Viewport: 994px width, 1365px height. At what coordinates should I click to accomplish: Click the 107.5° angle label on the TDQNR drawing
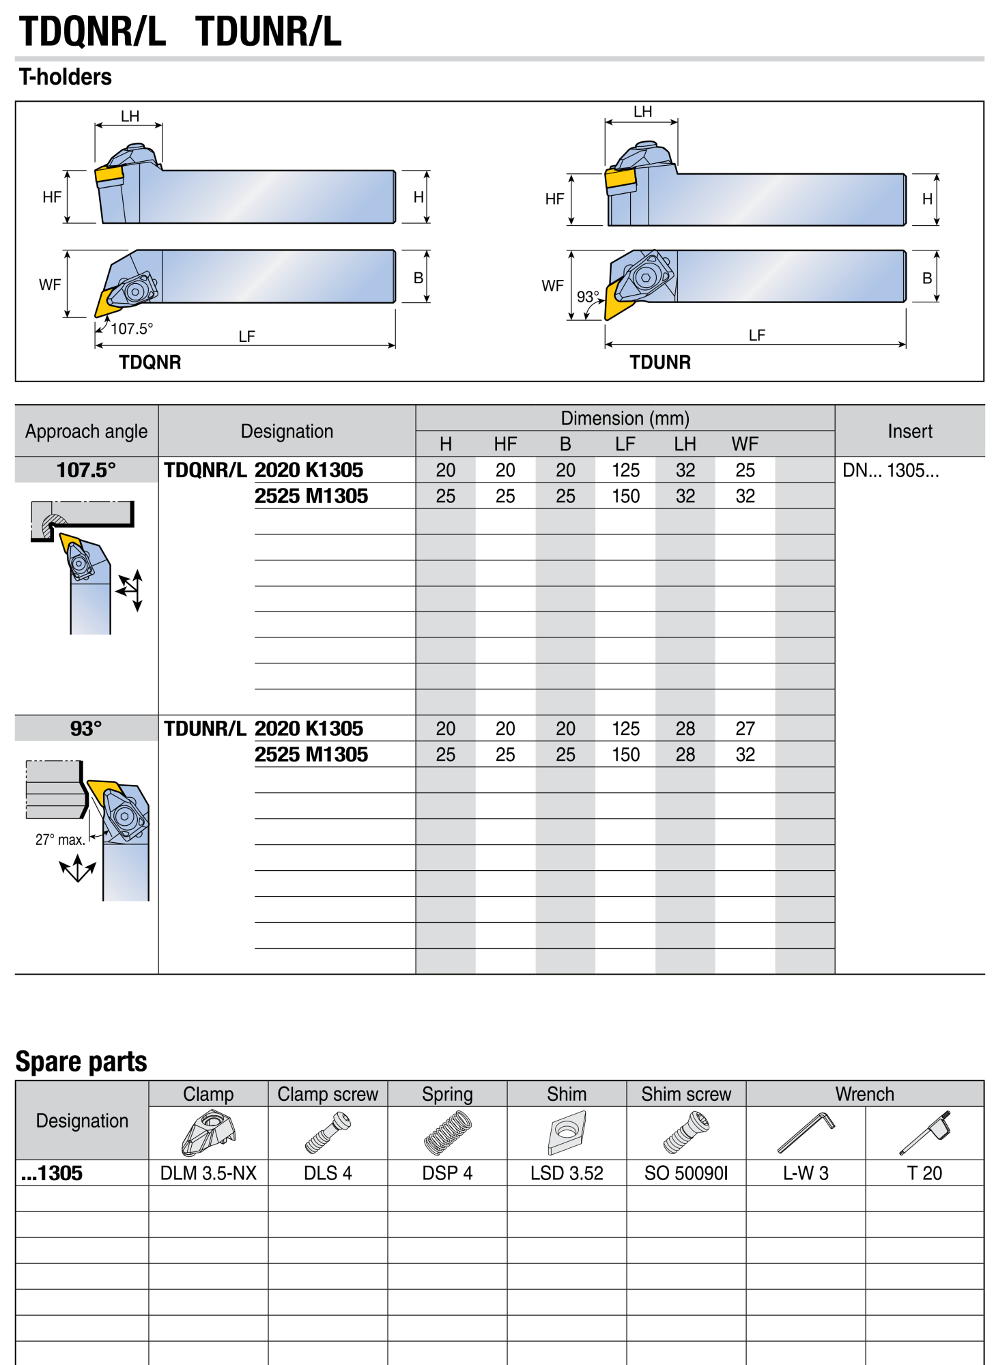pos(132,329)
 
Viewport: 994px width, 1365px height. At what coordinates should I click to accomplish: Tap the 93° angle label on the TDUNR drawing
pos(588,297)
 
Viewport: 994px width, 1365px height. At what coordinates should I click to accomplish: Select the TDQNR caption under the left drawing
pos(150,362)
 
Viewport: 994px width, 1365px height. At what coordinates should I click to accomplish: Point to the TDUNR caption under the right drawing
pos(660,362)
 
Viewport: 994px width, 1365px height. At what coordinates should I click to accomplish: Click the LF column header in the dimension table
pos(625,444)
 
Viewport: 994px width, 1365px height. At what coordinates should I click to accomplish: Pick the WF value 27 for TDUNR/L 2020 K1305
pos(745,729)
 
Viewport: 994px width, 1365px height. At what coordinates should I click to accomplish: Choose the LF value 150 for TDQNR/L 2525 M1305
pos(625,496)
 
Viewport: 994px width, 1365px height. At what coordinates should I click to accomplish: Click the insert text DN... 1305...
pos(891,470)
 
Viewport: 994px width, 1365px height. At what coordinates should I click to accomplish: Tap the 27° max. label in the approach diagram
pos(60,839)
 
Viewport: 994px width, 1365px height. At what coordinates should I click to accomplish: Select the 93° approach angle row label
pos(86,729)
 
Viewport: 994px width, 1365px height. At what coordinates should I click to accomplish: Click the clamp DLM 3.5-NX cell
pos(208,1173)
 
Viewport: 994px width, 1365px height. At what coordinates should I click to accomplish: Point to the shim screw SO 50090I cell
pos(686,1173)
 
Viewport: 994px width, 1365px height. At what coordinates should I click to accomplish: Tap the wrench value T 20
pos(924,1173)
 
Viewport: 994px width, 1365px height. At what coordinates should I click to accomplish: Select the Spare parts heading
pos(81,1062)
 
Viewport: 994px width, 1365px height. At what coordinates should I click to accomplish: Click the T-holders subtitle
pos(66,77)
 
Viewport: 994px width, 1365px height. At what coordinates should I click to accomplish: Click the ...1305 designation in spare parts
pos(52,1173)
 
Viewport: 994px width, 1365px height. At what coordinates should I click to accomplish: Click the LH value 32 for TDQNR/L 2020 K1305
pos(685,470)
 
